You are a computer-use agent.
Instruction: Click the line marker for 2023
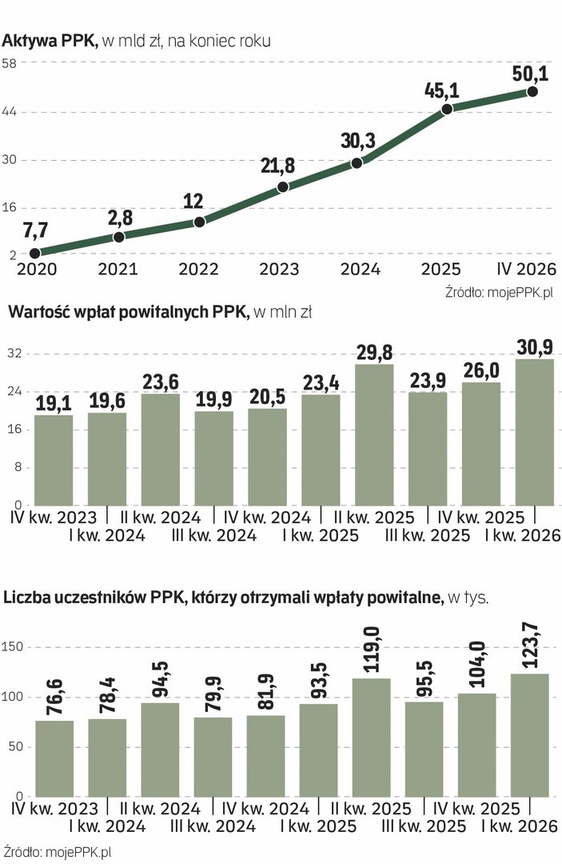283,186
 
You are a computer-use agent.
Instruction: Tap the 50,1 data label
530,74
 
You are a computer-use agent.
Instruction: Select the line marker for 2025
448,109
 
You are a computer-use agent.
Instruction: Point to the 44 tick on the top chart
10,112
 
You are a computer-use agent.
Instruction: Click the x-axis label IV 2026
526,269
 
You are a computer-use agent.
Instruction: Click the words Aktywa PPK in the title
50,41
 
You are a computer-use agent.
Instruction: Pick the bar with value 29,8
374,434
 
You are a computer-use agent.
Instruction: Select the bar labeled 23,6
161,450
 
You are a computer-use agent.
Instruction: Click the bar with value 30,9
535,432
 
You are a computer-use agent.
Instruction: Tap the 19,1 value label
54,404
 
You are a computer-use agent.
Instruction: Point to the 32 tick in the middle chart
14,354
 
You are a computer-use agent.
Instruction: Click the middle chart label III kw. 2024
213,535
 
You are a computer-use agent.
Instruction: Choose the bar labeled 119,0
371,738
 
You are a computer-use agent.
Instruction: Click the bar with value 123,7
529,735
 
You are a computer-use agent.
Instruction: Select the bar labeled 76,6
54,758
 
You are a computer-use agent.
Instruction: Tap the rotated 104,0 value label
477,665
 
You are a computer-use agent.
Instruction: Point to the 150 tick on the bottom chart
12,647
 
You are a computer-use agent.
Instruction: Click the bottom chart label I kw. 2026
520,826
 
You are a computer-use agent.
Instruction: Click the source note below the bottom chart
57,852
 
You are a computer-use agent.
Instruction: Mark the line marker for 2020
34,253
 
